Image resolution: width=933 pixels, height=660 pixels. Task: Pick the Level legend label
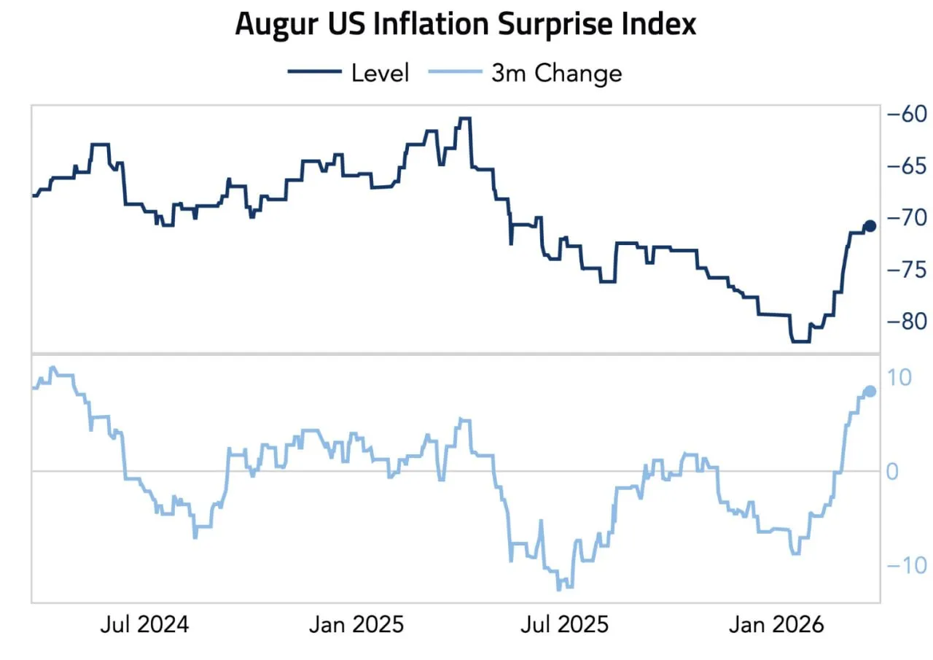pos(380,73)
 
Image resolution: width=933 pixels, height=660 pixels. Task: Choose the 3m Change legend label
pos(557,73)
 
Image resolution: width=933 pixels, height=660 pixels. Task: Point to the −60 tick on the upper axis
pos(906,114)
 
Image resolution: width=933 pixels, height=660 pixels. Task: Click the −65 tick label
pos(906,166)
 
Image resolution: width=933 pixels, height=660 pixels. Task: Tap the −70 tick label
pos(906,217)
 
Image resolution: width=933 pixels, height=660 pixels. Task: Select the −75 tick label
pos(906,269)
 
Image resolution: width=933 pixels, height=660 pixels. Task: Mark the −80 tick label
pos(906,321)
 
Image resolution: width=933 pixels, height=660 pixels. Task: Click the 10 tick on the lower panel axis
pos(899,377)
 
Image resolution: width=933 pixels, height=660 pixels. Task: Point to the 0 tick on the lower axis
pos(893,472)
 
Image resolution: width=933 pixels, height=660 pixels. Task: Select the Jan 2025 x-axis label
pos(356,625)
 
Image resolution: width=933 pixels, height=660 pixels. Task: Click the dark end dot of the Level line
pos(870,225)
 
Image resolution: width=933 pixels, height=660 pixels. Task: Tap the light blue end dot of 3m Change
pos(870,391)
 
